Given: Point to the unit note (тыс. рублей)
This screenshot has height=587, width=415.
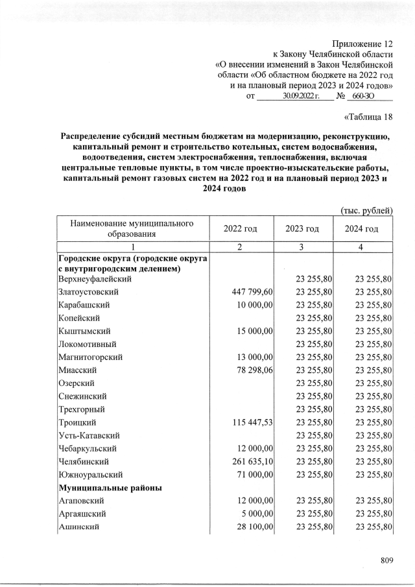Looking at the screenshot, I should [x=366, y=211].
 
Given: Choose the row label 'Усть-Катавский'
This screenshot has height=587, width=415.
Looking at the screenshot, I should [x=89, y=435].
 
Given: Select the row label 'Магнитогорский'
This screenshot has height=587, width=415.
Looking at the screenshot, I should [x=90, y=357].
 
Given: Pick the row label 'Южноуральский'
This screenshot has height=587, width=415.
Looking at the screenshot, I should [x=89, y=474].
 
